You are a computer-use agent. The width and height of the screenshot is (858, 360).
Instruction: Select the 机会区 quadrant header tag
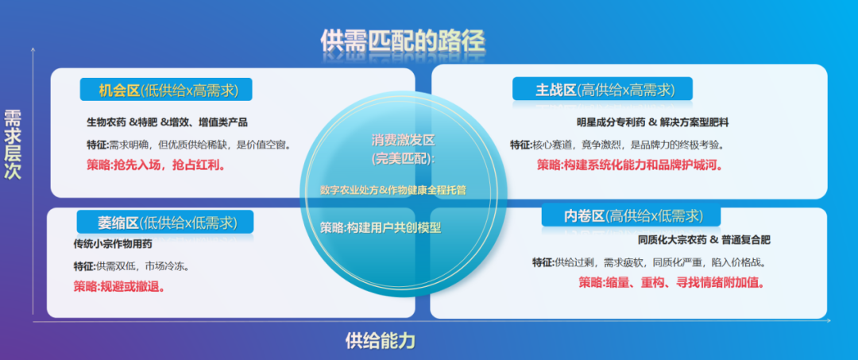pyautogui.click(x=165, y=90)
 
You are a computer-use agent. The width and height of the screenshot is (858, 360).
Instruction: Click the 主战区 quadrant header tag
pyautogui.click(x=603, y=89)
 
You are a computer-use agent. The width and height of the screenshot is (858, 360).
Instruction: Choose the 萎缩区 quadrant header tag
pyautogui.click(x=165, y=222)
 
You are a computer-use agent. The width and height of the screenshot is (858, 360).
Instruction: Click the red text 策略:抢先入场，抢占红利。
pyautogui.click(x=155, y=165)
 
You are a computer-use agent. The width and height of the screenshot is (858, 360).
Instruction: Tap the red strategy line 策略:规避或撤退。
pyautogui.click(x=119, y=286)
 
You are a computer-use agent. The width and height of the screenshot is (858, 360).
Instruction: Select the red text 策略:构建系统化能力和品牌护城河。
pyautogui.click(x=634, y=165)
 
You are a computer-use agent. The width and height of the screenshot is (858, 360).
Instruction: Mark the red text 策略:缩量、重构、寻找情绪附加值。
pyautogui.click(x=671, y=282)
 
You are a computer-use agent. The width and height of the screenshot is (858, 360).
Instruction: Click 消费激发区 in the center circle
pyautogui.click(x=403, y=140)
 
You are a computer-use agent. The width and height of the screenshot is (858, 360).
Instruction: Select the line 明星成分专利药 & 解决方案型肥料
pyautogui.click(x=652, y=122)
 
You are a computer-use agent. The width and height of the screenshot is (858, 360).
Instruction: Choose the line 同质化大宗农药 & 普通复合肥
pyautogui.click(x=704, y=239)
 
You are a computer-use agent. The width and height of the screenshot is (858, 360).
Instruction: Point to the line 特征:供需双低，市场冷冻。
pyautogui.click(x=131, y=265)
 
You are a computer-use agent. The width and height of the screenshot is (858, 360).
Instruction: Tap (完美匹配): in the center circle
pyautogui.click(x=404, y=159)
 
